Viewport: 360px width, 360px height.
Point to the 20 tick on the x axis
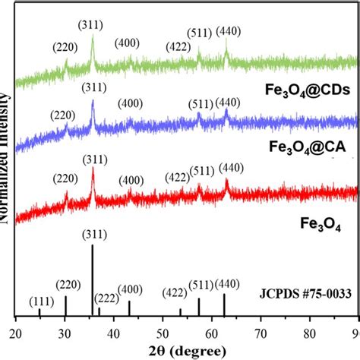[x=17, y=331]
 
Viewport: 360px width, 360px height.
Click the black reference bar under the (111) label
[x=39, y=312]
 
